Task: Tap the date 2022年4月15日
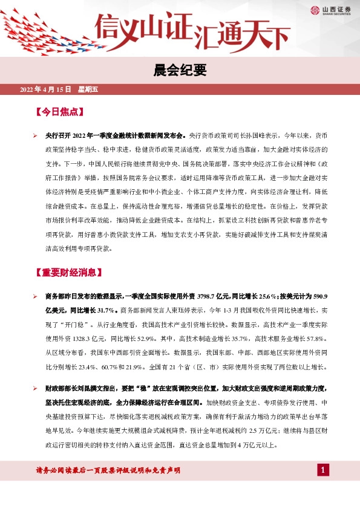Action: pos(46,91)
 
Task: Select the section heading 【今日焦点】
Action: pos(59,112)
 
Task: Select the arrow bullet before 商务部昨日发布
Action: pos(36,297)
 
